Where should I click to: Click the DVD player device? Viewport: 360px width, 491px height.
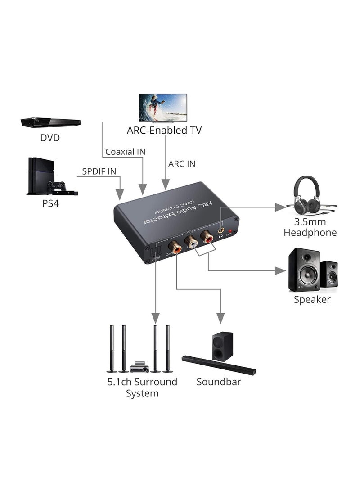50,122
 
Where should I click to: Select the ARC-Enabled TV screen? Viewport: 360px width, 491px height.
163,107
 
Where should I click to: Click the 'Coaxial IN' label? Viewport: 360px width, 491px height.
125,152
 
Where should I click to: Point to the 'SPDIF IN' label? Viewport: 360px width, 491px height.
99,171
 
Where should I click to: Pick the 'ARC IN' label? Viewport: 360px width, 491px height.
182,164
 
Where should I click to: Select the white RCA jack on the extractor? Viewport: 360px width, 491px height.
192,243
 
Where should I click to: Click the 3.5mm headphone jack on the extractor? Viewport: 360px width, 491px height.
221,230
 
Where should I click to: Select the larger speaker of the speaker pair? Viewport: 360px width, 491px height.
304,269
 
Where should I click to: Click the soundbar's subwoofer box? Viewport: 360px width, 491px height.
223,347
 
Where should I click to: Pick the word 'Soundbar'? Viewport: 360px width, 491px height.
219,382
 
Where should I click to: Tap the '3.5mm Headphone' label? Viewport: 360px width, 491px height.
315,227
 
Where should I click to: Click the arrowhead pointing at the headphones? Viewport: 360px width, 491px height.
281,207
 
